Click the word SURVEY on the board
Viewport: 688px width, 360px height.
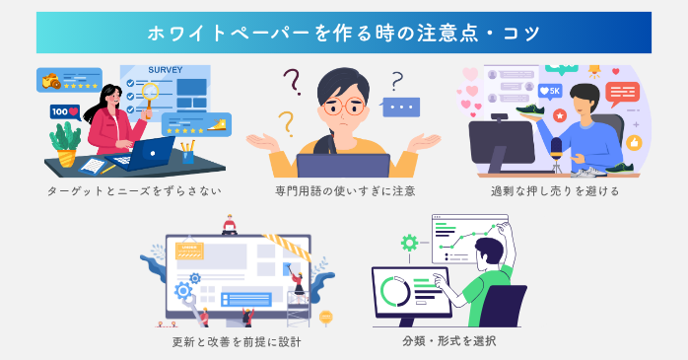click(165, 70)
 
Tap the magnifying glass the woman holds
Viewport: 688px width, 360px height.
click(151, 94)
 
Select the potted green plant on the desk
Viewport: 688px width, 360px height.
click(66, 141)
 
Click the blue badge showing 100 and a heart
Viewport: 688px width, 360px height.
click(65, 111)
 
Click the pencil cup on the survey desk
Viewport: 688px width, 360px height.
click(187, 153)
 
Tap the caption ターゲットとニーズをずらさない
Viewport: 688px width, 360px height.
click(133, 190)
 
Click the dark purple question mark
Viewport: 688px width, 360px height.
click(292, 82)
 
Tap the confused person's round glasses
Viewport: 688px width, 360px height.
click(345, 107)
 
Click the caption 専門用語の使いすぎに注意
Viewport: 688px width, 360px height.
click(345, 190)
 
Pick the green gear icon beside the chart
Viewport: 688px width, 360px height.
click(408, 242)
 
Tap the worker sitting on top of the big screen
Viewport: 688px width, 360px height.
click(230, 226)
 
